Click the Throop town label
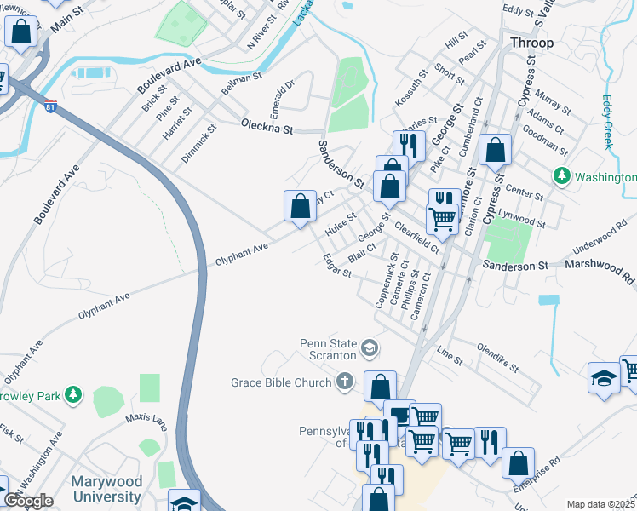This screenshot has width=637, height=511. tap(531, 43)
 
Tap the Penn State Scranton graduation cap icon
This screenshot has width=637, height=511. tap(370, 347)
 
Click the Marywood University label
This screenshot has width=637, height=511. tap(106, 489)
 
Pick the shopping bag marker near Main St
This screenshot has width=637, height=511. tap(21, 32)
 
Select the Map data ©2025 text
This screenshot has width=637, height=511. tap(600, 504)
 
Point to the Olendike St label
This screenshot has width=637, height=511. tap(498, 357)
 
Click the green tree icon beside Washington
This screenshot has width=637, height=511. tap(561, 176)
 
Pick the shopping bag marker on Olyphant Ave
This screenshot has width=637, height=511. tap(300, 205)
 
